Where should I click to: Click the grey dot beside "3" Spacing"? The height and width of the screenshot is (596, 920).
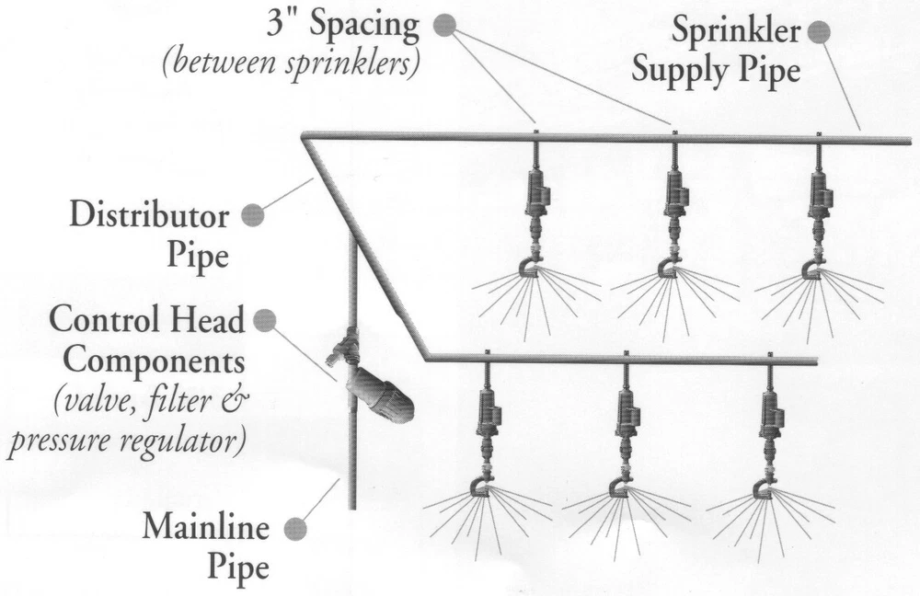point(444,26)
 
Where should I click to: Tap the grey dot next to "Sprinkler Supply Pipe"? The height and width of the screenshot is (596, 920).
point(817,32)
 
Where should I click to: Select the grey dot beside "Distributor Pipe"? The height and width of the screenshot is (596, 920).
point(251,216)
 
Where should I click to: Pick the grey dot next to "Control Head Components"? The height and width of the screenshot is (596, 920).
point(264,320)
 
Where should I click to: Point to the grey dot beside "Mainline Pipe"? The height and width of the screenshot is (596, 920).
point(294,529)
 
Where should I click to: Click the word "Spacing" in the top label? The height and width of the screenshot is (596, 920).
point(364,25)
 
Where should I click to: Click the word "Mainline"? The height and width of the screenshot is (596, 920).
point(205,529)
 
